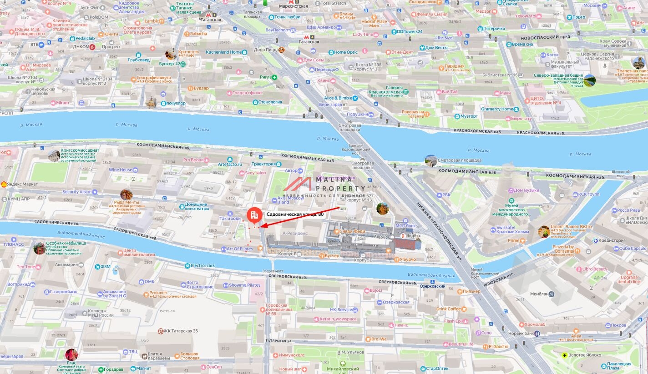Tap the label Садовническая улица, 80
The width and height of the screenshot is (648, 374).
[294, 214]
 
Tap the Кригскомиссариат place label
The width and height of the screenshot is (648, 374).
[80, 150]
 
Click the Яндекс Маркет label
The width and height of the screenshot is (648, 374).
[22, 184]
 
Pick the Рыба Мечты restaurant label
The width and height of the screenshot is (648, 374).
[127, 202]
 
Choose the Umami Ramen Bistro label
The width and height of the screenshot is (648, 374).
[571, 226]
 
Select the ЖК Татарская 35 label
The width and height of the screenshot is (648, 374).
[181, 331]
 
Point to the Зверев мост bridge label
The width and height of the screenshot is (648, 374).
[273, 271]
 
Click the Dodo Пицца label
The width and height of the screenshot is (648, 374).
[266, 50]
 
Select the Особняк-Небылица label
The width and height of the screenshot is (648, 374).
[66, 243]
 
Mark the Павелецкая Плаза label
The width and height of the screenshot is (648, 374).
[619, 366]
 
